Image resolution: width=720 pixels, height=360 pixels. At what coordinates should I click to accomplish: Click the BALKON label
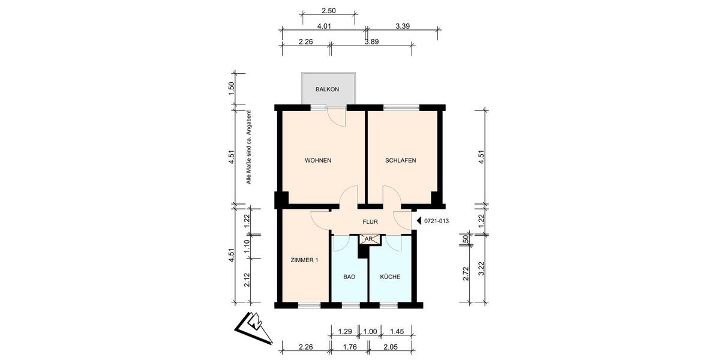click(327, 89)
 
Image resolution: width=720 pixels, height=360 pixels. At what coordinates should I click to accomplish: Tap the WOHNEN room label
click(318, 161)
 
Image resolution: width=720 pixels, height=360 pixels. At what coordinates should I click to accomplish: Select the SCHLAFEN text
click(400, 161)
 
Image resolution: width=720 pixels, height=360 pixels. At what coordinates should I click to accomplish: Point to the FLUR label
click(370, 222)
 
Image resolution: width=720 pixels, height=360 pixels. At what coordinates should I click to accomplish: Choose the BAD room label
click(349, 277)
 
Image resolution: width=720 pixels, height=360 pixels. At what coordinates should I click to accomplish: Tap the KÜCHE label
click(390, 277)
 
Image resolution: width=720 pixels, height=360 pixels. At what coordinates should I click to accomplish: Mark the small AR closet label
click(370, 239)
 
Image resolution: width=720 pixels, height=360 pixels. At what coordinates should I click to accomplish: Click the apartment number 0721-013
click(436, 221)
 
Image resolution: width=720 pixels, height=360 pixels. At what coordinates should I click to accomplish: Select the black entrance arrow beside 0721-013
click(419, 221)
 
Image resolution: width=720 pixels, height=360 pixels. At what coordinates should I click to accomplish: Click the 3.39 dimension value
click(403, 26)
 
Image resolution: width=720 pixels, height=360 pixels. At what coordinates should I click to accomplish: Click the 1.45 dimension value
click(397, 331)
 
